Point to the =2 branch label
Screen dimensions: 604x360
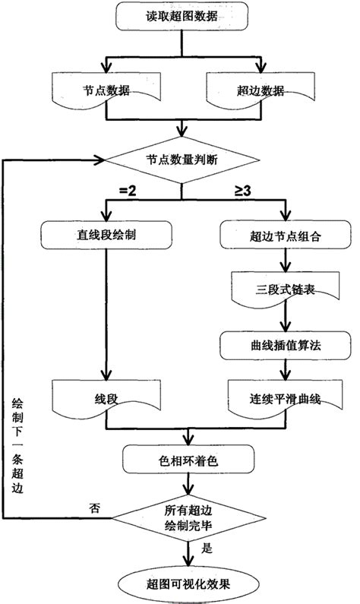127,190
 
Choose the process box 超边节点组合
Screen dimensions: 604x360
283,236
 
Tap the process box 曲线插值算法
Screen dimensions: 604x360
283,344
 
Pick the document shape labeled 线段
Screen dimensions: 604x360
104,398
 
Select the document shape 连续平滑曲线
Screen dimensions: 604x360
283,398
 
